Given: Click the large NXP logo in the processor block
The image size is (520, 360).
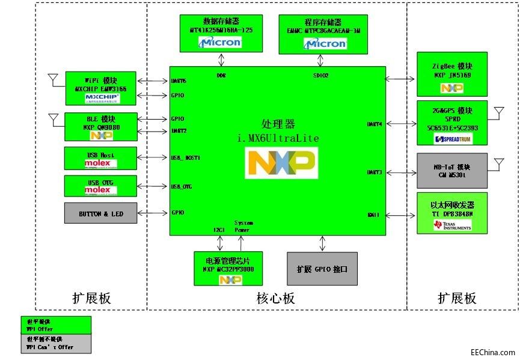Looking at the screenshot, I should click(x=281, y=163).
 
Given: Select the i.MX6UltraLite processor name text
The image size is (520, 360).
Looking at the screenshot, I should click(x=278, y=138).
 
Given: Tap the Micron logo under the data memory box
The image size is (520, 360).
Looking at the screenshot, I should click(x=220, y=42).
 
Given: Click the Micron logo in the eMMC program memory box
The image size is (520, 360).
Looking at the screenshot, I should click(x=325, y=43).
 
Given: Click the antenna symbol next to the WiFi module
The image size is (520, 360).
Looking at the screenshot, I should click(x=52, y=79).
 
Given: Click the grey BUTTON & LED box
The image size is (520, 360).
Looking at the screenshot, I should click(x=100, y=213).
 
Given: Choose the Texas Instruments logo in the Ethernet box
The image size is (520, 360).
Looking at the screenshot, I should click(x=452, y=225).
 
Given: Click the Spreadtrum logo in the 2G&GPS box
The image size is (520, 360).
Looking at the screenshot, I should click(x=452, y=139).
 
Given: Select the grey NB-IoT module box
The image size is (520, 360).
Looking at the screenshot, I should click(x=452, y=171).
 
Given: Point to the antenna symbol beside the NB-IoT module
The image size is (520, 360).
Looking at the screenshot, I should click(x=498, y=163).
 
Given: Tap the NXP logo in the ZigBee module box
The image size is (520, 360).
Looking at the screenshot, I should click(x=452, y=88).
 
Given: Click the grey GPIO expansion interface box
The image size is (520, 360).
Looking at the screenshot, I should click(x=322, y=269).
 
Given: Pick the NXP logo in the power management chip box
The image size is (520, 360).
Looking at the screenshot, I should click(x=229, y=280).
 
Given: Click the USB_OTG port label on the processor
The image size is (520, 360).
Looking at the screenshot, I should click(x=183, y=187).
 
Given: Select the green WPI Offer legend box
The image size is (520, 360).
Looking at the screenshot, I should click(x=55, y=325).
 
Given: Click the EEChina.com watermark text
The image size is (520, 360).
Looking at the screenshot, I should click(x=492, y=353).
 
